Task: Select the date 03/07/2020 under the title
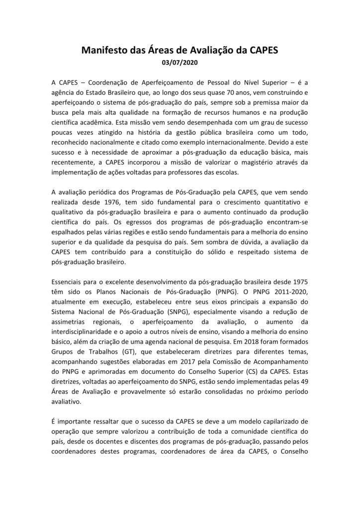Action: point(180,63)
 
